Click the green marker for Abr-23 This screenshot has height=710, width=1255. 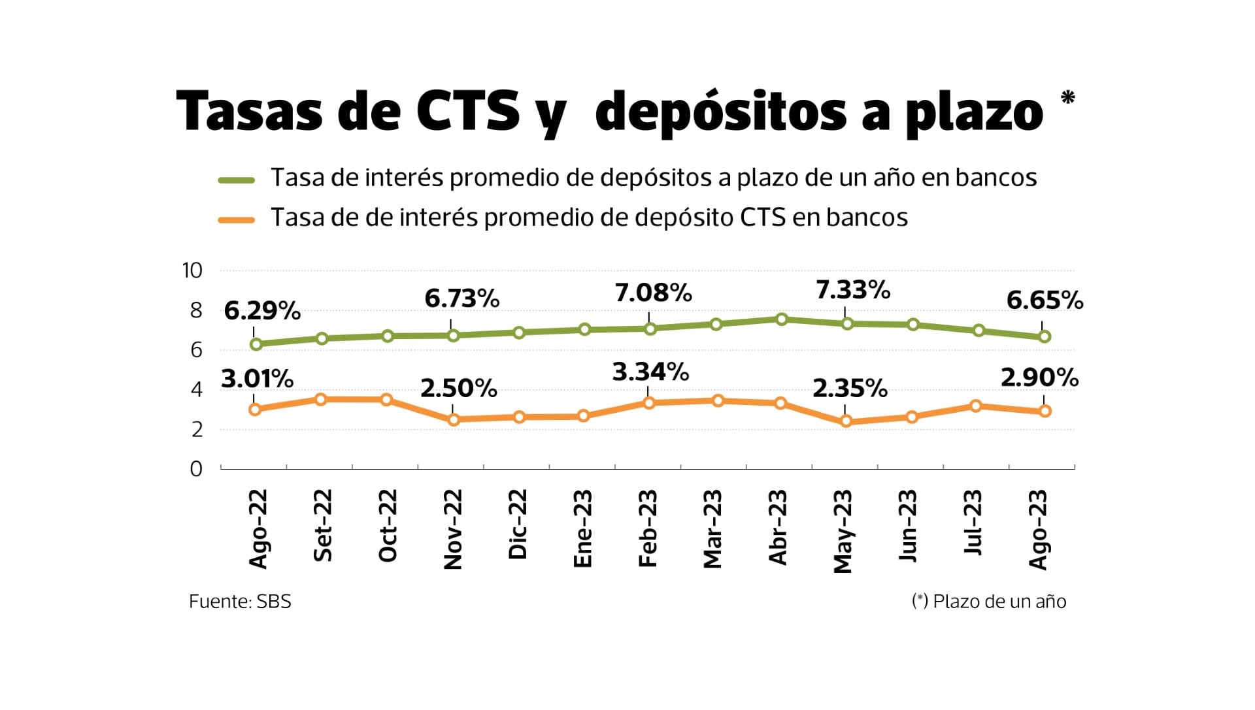click(x=781, y=319)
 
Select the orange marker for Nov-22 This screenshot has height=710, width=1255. click(x=454, y=419)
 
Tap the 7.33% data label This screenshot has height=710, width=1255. click(x=853, y=289)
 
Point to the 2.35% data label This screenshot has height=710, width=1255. click(x=850, y=389)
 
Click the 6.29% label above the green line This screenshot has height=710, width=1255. click(x=262, y=311)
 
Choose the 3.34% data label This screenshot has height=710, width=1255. click(x=650, y=372)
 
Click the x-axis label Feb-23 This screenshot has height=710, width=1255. click(x=647, y=528)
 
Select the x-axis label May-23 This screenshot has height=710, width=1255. click(x=843, y=531)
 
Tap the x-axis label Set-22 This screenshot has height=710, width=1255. click(x=322, y=526)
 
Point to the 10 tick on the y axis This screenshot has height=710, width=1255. click(x=192, y=270)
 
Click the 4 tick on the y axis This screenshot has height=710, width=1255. click(x=196, y=389)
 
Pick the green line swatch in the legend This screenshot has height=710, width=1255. click(x=236, y=180)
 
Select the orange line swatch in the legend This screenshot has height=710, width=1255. click(x=236, y=219)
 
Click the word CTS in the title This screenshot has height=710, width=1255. click(x=468, y=111)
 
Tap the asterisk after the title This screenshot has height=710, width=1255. click(x=1067, y=98)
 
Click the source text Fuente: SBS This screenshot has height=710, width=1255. click(x=240, y=601)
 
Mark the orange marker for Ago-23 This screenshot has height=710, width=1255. click(x=1045, y=411)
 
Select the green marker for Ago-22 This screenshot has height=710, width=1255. click(x=256, y=344)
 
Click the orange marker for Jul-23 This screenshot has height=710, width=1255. click(x=976, y=406)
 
